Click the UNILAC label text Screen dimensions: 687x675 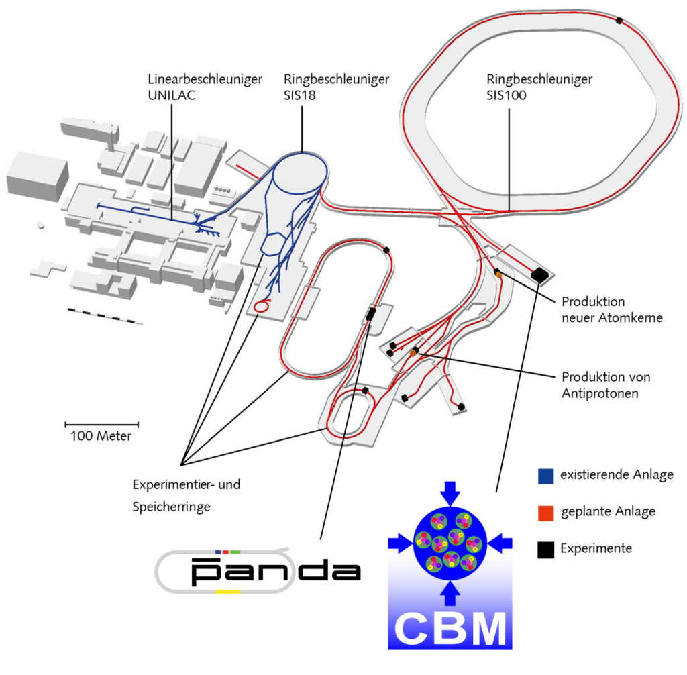[171, 95]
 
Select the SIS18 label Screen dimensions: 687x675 [300, 95]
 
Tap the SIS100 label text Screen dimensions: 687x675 [507, 95]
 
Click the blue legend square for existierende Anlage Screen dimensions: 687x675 [546, 476]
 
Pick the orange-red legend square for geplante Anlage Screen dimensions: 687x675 [546, 513]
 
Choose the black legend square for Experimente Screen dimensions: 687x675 [546, 550]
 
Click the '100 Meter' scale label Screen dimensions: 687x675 [101, 436]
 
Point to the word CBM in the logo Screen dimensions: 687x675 [450, 628]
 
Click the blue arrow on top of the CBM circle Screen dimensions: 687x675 [450, 492]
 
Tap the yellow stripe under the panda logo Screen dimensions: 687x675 [228, 592]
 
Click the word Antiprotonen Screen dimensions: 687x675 [600, 393]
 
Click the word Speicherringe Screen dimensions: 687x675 [171, 507]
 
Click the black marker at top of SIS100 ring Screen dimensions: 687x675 [619, 21]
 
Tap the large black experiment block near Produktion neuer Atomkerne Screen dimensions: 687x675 [539, 275]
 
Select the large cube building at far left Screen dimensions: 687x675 [38, 176]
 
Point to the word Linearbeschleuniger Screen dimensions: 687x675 [205, 79]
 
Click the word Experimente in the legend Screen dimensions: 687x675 [596, 549]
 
